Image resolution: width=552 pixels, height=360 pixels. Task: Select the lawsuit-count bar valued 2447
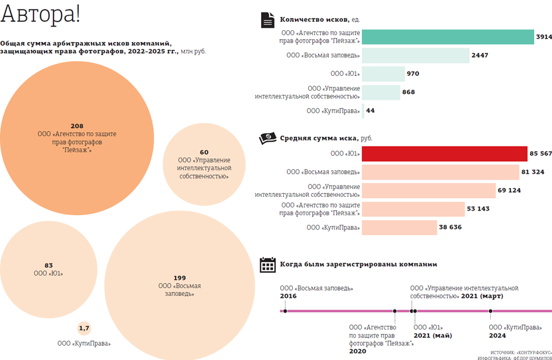click(415, 56)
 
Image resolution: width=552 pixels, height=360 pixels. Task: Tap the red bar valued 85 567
click(444, 154)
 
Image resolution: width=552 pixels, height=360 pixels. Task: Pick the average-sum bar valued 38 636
click(399, 227)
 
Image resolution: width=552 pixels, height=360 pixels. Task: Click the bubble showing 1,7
click(84, 328)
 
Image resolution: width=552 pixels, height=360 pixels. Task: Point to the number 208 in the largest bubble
click(77, 126)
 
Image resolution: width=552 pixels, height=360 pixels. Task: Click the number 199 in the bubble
click(179, 278)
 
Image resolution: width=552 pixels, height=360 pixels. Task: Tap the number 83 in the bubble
click(49, 265)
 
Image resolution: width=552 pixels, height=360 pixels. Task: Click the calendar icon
click(268, 265)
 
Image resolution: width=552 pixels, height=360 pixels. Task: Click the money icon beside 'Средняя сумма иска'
click(268, 138)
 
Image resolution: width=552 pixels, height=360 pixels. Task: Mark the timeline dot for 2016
click(285, 311)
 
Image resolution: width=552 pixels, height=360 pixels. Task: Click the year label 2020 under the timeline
click(358, 351)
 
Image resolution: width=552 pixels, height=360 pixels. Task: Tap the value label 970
click(413, 74)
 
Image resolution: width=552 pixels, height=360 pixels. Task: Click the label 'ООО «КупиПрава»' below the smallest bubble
click(84, 343)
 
